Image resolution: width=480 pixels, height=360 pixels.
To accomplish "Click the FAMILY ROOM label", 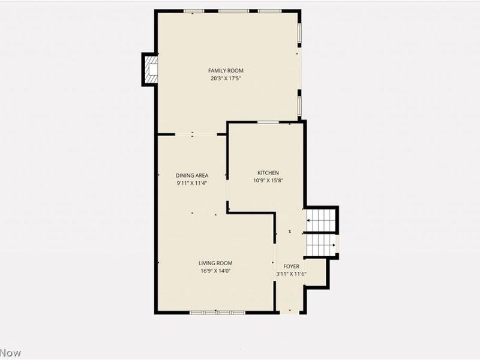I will (x=226, y=71).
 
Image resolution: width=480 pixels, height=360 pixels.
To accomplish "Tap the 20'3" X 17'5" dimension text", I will (x=226, y=79).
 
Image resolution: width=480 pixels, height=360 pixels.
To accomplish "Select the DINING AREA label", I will (x=192, y=176).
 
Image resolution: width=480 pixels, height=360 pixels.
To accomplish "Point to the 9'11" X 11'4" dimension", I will (x=192, y=184).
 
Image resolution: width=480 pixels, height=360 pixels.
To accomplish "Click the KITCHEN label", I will (x=268, y=173).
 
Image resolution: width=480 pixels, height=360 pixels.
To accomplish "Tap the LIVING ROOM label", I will (x=216, y=263).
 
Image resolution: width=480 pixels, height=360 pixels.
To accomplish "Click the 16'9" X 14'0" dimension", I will (x=216, y=271).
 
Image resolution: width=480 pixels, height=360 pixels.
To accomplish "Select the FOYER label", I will (x=292, y=266).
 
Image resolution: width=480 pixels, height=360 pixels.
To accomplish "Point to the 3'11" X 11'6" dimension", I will (x=292, y=274).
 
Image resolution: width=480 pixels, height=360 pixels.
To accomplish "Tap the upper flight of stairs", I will (x=321, y=220).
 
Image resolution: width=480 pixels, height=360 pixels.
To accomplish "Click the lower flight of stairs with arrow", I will (x=321, y=245).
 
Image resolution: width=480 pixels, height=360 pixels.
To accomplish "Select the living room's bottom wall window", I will (x=217, y=312).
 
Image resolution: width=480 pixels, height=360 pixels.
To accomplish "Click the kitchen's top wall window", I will (x=268, y=122).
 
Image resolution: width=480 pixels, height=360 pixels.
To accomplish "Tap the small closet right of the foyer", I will (x=316, y=273).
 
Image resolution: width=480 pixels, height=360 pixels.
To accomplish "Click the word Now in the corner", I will (x=11, y=353).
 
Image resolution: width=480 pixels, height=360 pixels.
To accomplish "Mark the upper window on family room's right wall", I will (x=299, y=35).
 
